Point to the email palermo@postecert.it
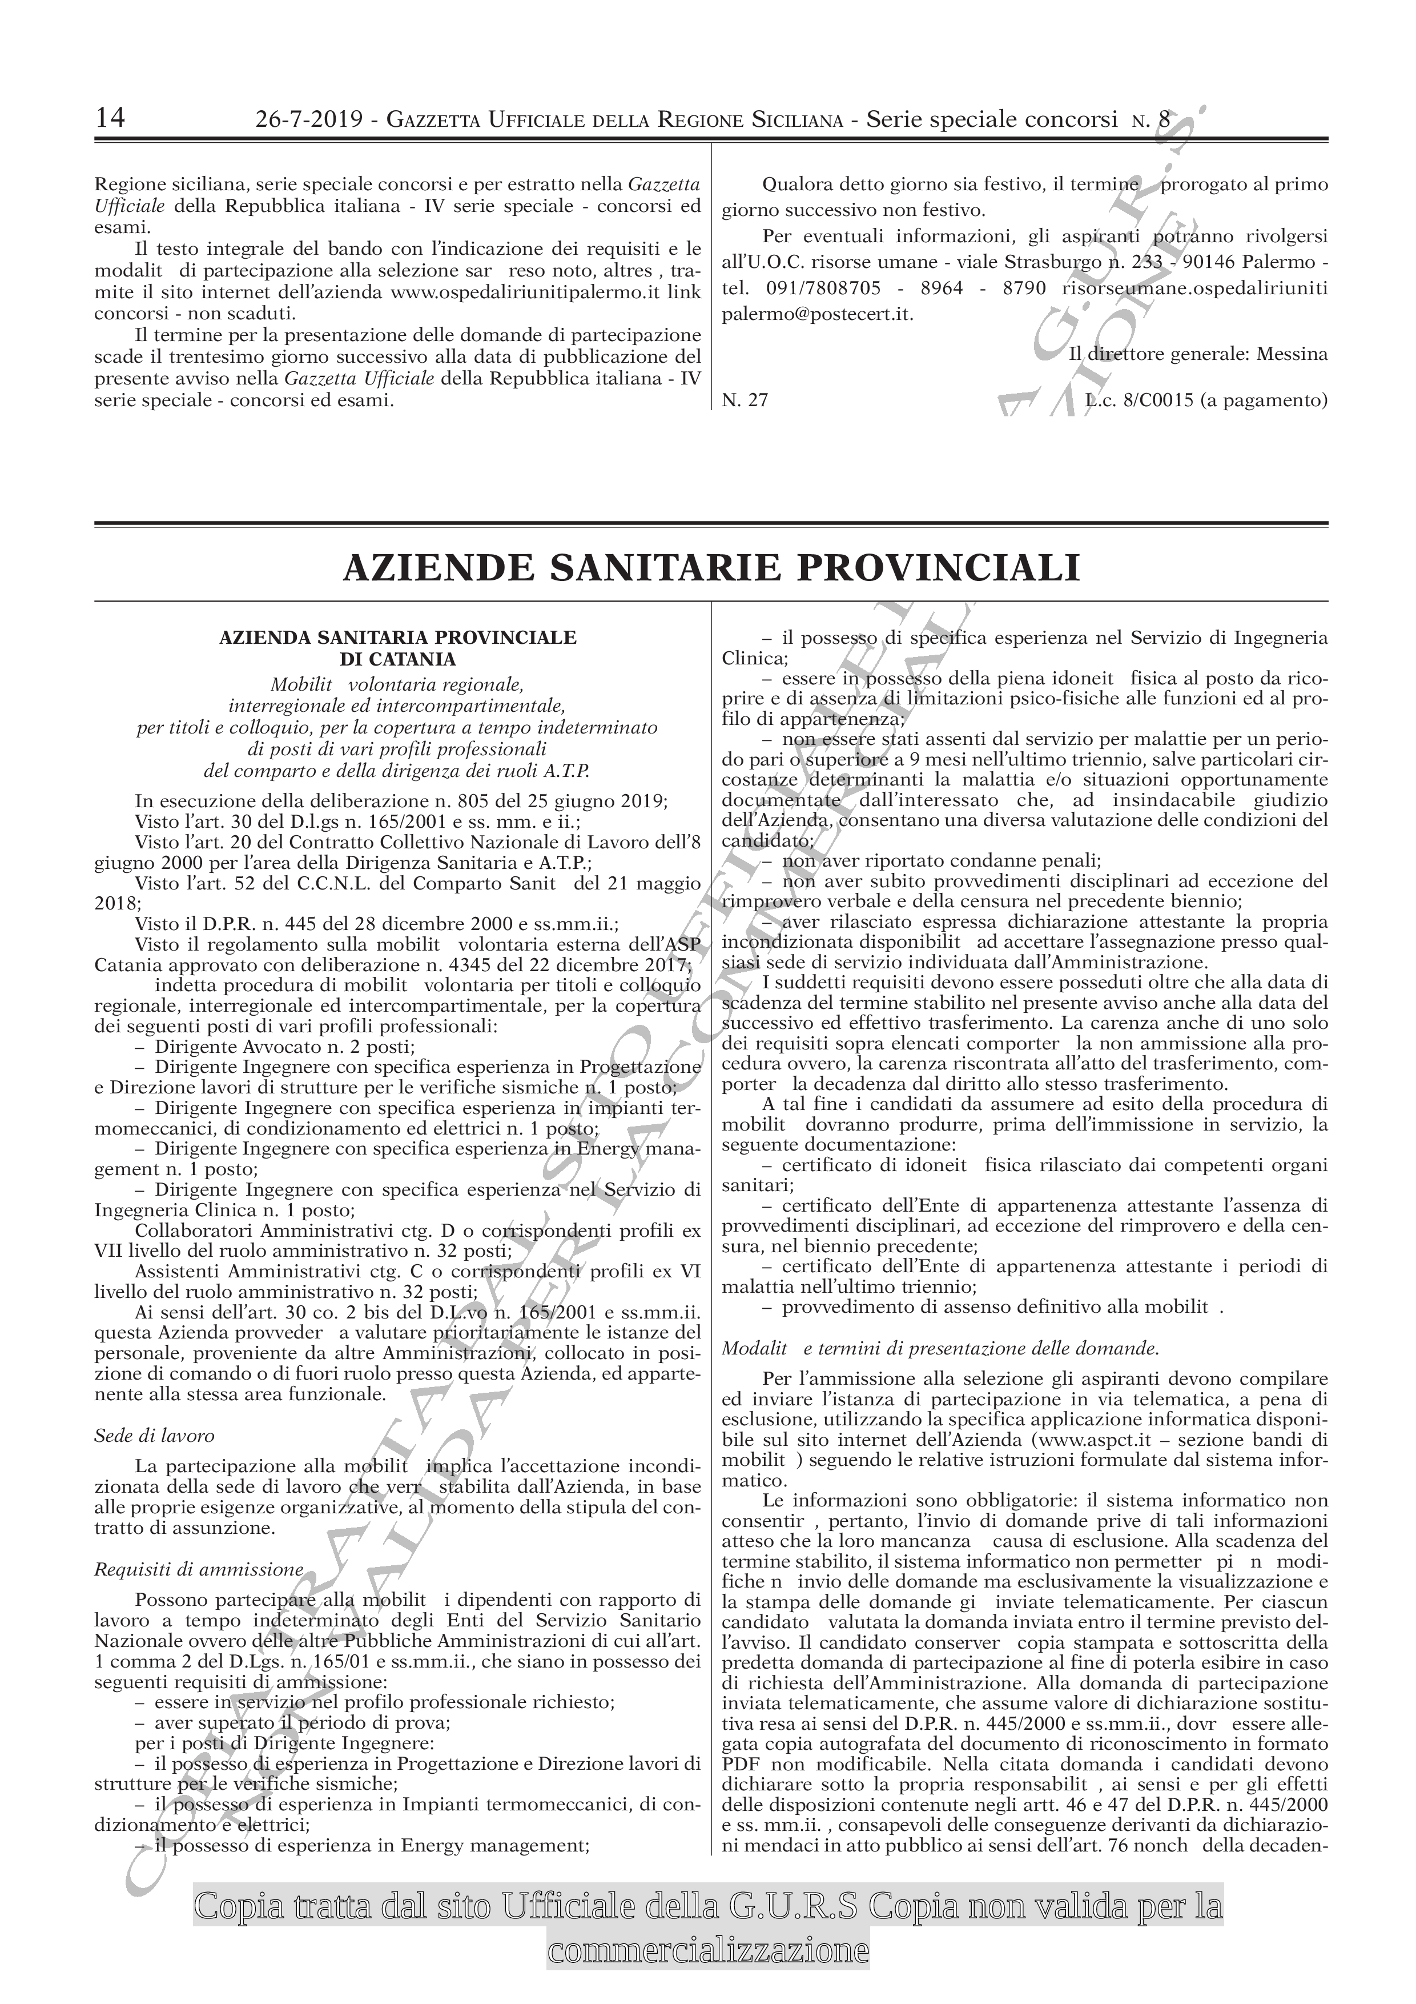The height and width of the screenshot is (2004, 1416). pos(818,314)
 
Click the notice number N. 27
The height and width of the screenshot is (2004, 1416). pos(745,400)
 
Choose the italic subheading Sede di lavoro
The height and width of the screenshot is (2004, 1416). pos(154,1435)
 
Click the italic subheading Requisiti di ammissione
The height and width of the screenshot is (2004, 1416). pos(199,1569)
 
